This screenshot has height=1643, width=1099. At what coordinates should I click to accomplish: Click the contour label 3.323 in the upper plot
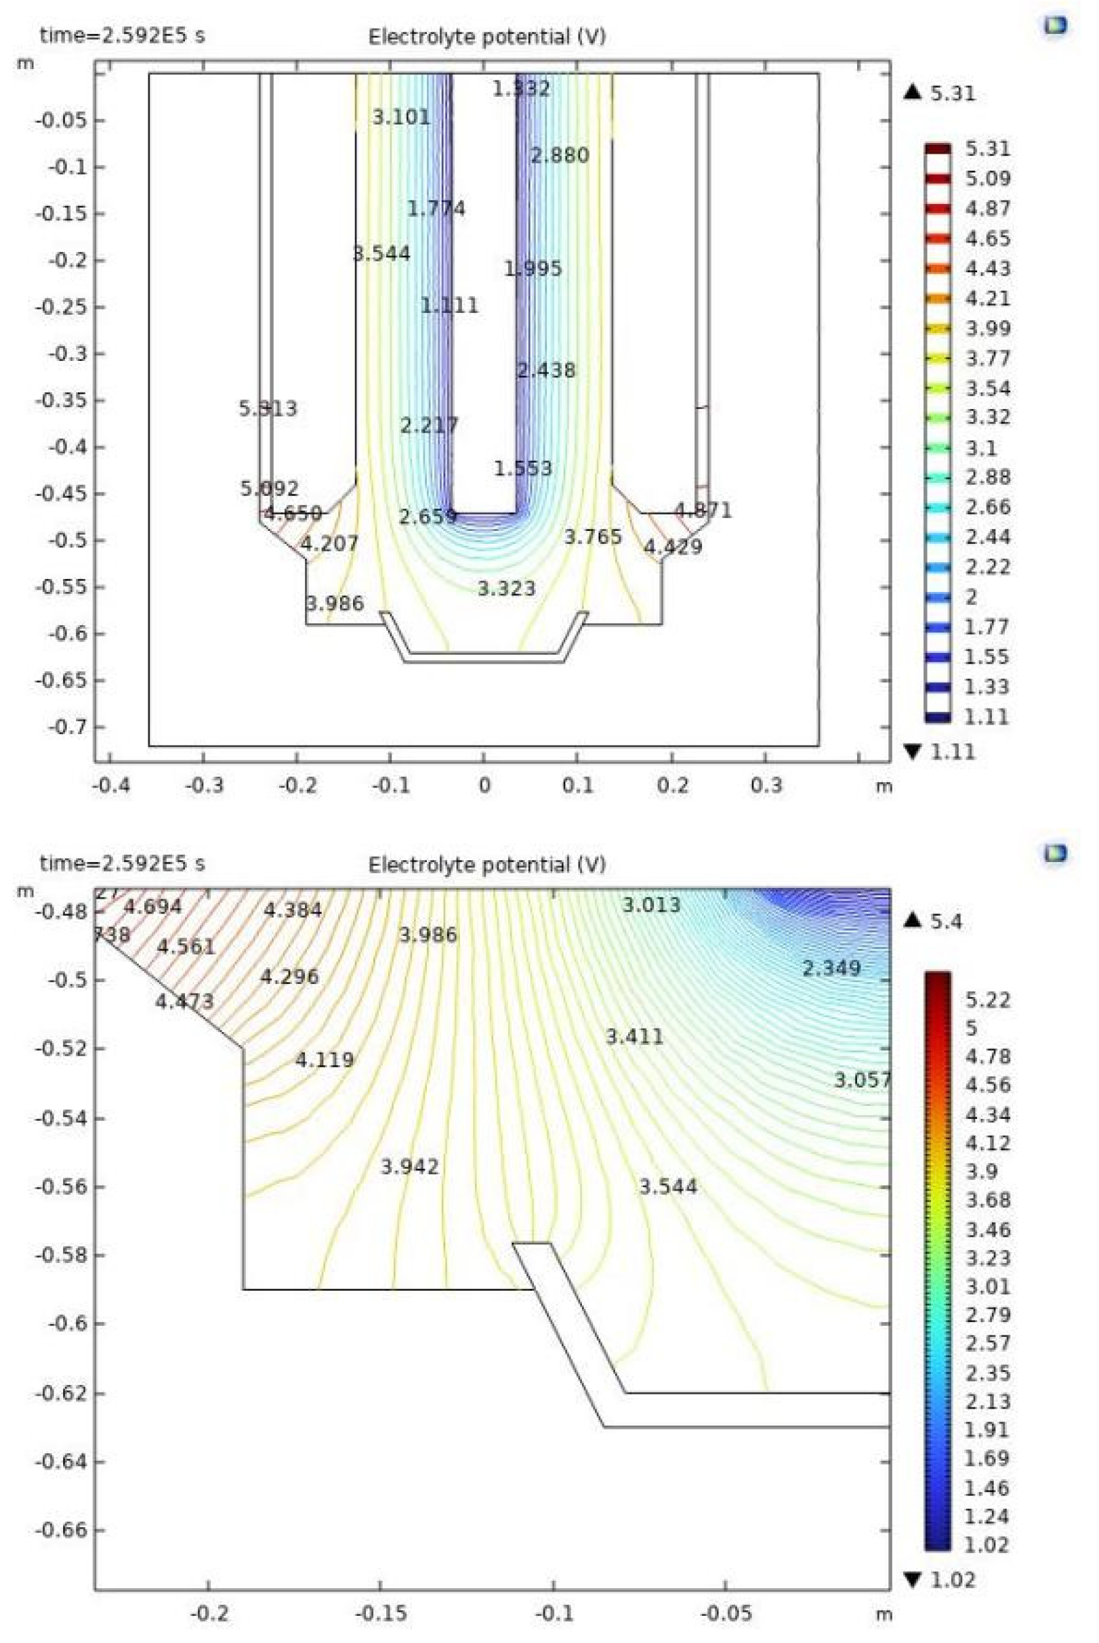(506, 589)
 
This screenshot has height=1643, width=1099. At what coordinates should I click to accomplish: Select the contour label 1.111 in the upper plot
(449, 305)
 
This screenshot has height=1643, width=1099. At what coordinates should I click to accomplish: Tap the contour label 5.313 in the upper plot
(268, 408)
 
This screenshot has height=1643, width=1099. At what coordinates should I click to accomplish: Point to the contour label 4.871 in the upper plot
(703, 511)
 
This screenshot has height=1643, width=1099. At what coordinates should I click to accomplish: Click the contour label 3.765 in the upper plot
(593, 536)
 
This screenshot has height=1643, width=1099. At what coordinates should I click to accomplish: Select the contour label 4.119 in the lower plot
(324, 1059)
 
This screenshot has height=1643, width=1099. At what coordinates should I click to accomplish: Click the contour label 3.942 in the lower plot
(409, 1167)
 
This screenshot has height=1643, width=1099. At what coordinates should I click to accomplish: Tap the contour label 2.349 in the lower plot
(831, 968)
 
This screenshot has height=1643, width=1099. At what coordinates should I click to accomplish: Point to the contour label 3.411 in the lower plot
(634, 1036)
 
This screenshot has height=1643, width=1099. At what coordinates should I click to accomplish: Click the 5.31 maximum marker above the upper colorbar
(940, 93)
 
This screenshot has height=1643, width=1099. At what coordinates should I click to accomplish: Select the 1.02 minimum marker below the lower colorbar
(940, 1580)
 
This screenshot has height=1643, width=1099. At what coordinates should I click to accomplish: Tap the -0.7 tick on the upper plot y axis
(67, 727)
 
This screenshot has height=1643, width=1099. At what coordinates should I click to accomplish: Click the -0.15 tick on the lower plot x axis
(381, 1615)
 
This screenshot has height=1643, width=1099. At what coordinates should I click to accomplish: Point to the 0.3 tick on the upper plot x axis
(766, 786)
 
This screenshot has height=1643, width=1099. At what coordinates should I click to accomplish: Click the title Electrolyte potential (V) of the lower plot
(486, 865)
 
